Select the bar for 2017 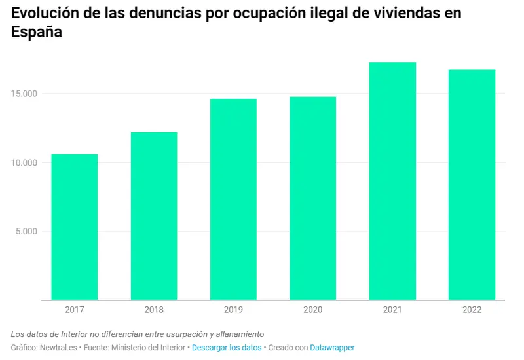[x=75, y=227]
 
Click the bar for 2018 [x=154, y=216]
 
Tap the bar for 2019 [x=233, y=199]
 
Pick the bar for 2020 [x=312, y=198]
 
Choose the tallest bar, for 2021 [x=392, y=181]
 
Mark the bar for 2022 [x=472, y=185]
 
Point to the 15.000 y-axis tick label [x=26, y=94]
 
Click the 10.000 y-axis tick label [x=26, y=162]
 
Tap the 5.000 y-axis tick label [x=28, y=231]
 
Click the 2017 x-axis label [x=75, y=310]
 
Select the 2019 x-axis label [x=233, y=310]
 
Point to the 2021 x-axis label [x=392, y=310]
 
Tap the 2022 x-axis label [x=472, y=310]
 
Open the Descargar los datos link [x=227, y=348]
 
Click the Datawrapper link [x=332, y=348]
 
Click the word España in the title [x=37, y=33]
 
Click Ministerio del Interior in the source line [x=148, y=348]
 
